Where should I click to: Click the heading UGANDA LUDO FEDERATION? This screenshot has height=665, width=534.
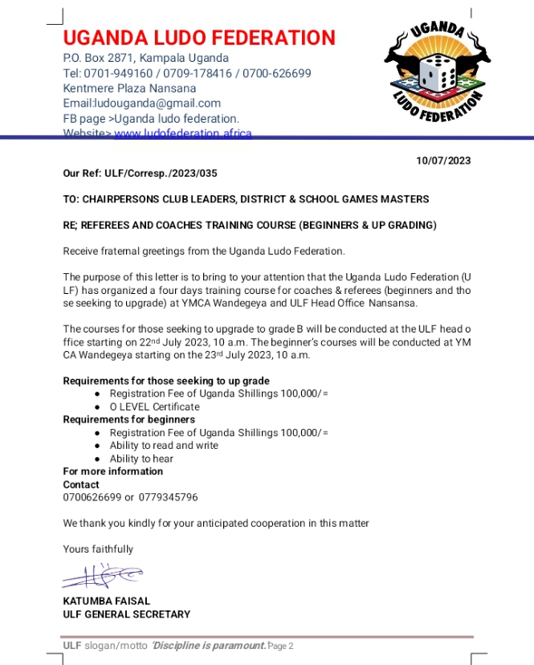click(199, 38)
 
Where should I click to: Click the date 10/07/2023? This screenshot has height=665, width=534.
click(443, 161)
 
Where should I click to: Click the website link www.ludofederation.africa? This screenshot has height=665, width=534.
click(183, 133)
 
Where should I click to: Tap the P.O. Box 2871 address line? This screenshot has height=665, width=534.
click(146, 58)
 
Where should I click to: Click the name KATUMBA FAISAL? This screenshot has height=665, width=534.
click(106, 601)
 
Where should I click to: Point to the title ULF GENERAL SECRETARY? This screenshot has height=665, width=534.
click(127, 614)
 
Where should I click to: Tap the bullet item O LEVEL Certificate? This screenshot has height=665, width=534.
click(154, 406)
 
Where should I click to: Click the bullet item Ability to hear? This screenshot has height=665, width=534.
click(141, 459)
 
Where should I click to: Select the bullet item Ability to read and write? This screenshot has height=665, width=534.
click(164, 445)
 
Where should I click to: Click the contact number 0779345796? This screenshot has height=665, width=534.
click(168, 497)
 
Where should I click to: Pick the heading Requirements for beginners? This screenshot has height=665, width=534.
click(129, 419)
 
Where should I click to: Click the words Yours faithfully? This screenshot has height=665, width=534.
click(98, 549)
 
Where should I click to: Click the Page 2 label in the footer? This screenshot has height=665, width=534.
click(281, 647)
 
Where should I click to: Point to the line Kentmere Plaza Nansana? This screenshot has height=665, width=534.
click(129, 88)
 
